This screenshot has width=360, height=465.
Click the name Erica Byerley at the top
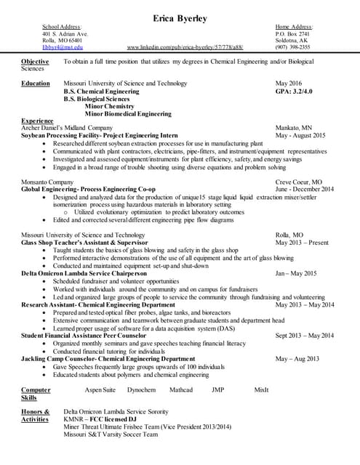click(x=180, y=17)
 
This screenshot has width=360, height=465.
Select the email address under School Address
click(x=63, y=47)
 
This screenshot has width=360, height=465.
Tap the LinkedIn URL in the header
click(x=185, y=47)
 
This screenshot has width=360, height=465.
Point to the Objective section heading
click(x=35, y=62)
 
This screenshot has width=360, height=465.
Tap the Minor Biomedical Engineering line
click(x=128, y=114)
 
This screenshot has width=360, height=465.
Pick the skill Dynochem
click(x=141, y=390)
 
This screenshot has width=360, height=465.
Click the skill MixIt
click(x=261, y=390)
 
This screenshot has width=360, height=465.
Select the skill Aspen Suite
click(x=100, y=390)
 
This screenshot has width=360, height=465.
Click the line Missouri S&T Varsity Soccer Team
click(x=111, y=434)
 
